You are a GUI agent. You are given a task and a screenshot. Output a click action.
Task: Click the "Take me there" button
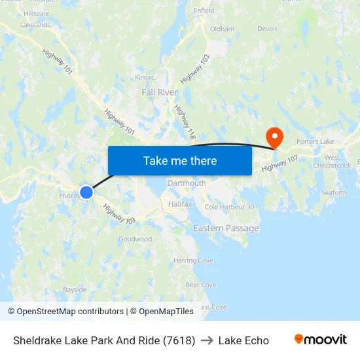[x=180, y=160]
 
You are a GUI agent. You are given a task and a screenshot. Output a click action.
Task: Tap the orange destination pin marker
[x=274, y=137]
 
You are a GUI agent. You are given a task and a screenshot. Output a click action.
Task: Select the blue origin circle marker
[x=86, y=192]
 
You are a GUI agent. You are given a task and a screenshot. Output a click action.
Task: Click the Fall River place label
[x=160, y=93]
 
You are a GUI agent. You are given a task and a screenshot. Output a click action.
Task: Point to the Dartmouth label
[x=187, y=183]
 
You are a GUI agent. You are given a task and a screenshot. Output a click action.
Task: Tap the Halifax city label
[x=180, y=204]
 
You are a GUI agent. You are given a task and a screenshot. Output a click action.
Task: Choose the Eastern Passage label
[x=226, y=228]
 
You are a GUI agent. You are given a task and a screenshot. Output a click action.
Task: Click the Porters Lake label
[x=315, y=141]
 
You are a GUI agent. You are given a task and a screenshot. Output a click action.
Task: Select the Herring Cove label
[x=193, y=261]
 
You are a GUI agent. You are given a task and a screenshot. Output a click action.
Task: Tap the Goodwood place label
[x=135, y=240]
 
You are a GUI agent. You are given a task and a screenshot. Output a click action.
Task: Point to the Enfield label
[x=204, y=10]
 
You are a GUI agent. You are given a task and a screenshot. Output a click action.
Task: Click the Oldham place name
[x=222, y=29]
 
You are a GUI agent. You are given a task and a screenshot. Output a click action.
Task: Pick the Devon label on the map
[x=267, y=29]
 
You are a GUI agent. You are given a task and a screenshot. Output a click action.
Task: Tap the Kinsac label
[x=145, y=77]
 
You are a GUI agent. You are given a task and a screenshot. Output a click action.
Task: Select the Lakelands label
[x=35, y=25]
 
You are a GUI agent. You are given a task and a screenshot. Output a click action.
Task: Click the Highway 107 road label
[x=279, y=164]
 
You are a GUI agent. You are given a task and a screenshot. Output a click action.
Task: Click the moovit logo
[x=320, y=340]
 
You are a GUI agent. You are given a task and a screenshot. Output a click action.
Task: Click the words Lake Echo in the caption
[x=243, y=340]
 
